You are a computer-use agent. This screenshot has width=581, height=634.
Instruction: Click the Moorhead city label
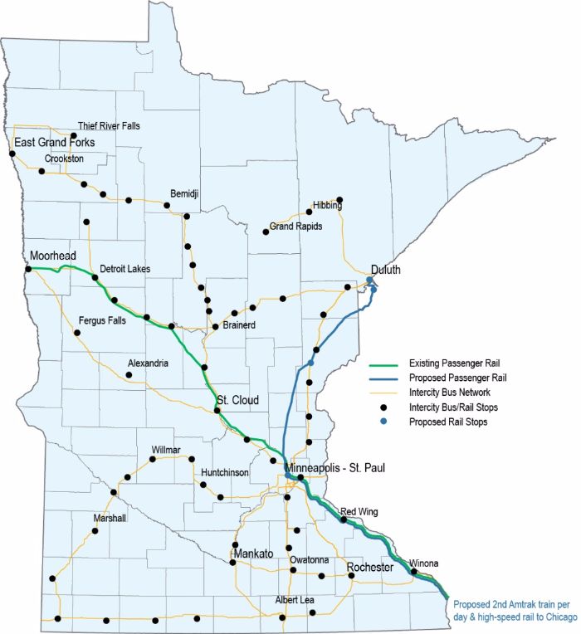click(53, 255)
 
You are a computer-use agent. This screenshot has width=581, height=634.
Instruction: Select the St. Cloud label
click(237, 401)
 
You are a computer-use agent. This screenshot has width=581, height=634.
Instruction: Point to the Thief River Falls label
click(109, 126)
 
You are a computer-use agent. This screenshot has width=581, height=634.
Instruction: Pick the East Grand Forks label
click(54, 144)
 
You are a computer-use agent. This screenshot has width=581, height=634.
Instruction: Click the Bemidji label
click(185, 194)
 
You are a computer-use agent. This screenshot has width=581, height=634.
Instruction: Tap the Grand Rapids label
click(295, 226)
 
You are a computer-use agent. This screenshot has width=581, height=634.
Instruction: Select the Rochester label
click(369, 567)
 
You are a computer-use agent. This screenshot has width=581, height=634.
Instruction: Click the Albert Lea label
click(297, 600)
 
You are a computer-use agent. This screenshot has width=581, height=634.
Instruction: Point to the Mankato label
click(253, 553)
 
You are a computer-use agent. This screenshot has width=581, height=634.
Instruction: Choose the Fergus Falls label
click(101, 319)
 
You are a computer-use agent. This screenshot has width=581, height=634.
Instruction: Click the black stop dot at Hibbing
click(339, 200)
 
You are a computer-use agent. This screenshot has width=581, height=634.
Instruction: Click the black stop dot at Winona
click(413, 571)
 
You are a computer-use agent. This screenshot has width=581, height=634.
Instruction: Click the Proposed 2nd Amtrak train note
click(513, 611)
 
